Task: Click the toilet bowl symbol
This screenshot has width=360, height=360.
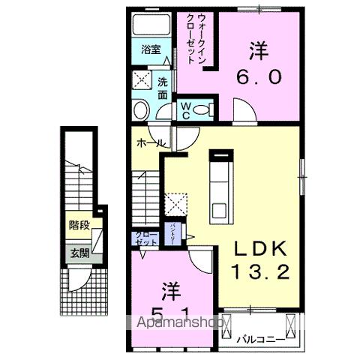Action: [x=201, y=110]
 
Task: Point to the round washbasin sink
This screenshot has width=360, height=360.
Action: [x=142, y=112]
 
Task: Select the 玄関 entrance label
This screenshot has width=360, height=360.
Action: [x=79, y=253]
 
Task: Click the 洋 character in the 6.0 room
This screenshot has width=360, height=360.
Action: [x=259, y=50]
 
